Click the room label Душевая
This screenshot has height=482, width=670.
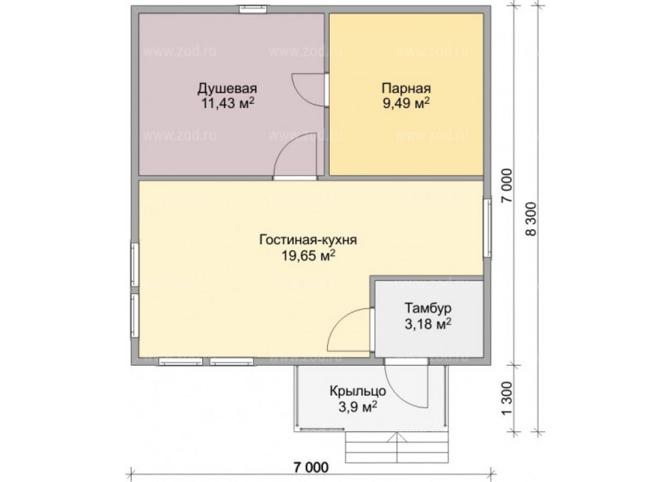coord(227,89)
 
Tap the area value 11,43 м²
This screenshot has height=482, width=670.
coord(228,103)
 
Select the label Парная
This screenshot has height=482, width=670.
coord(406,89)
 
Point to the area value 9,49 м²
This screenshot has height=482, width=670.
coord(406,103)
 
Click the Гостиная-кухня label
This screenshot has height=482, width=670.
coord(308,240)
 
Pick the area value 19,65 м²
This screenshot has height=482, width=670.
coord(308,255)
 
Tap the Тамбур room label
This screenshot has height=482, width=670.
coord(428,308)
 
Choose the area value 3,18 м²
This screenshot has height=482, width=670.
coord(428,323)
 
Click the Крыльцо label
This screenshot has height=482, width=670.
coord(358,391)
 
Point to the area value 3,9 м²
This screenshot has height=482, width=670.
coord(358,406)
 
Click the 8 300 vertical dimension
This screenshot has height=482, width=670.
coord(531,219)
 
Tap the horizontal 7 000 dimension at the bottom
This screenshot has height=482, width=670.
coord(311,468)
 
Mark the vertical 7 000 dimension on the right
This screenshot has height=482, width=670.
coord(507,185)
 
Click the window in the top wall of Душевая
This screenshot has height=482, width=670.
coord(253,9)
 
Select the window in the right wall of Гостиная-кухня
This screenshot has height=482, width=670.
coord(488,228)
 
